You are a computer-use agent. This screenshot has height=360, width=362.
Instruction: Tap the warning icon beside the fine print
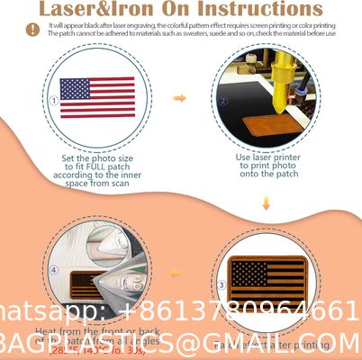click(x=32, y=29)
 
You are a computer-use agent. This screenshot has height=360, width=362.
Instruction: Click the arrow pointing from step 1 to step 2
click(x=179, y=97)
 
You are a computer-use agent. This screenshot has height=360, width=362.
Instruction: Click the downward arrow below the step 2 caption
click(x=267, y=204)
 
